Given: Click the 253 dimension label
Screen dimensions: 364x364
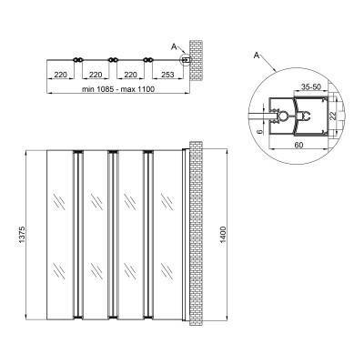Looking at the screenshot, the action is coord(167,75).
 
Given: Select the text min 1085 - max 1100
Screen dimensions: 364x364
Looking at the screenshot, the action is coord(118,89).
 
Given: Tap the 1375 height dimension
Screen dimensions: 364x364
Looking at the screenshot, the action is coord(22,234).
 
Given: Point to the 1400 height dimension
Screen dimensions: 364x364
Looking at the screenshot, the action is coord(223,234).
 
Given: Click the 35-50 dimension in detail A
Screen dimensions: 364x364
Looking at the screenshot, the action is coord(310,86).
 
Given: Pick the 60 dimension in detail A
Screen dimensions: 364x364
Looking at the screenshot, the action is coord(298,145).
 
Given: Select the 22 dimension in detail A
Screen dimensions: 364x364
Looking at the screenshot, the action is coord(333,116).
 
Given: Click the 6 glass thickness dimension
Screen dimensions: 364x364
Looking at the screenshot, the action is coord(258,131).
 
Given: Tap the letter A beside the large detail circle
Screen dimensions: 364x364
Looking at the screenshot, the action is coord(257,56).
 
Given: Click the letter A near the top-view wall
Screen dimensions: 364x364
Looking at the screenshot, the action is coord(174,46).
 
